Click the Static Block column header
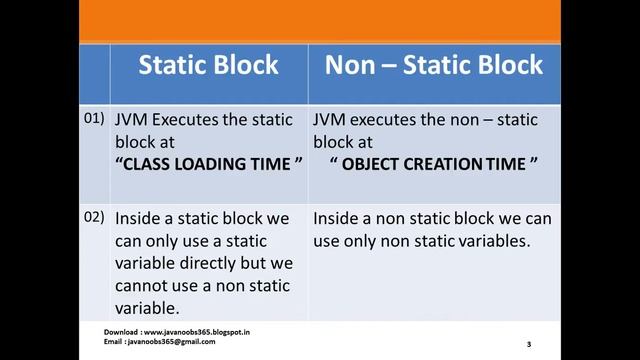click(x=208, y=66)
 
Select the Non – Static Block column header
click(x=433, y=66)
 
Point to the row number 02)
click(x=93, y=217)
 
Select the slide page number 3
click(x=528, y=344)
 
